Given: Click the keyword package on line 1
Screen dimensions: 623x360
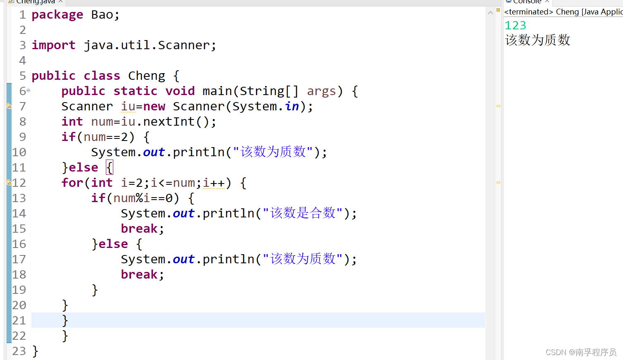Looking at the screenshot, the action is click(57, 15).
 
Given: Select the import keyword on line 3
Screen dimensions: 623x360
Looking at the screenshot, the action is click(53, 45).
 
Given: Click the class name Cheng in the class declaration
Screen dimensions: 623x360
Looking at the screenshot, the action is click(146, 76).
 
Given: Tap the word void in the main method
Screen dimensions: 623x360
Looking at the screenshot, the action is click(180, 91).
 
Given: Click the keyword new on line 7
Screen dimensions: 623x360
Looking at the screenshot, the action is click(154, 106).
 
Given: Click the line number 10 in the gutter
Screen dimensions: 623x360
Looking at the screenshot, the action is click(19, 152).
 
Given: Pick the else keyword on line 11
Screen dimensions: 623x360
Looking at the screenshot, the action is click(84, 167).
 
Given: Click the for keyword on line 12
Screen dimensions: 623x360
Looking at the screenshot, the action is click(72, 183).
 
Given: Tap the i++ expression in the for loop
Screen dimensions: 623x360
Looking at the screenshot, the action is click(214, 183).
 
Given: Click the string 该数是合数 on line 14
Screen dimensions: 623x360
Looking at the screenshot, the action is click(303, 213).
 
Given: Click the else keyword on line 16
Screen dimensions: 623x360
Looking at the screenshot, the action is click(113, 244).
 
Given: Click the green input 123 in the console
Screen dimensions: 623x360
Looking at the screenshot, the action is click(516, 26).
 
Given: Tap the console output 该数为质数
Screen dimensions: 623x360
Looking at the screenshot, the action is click(537, 40).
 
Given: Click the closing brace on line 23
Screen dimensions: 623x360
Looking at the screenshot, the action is click(35, 351).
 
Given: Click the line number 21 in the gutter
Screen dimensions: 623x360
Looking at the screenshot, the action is click(19, 320).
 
